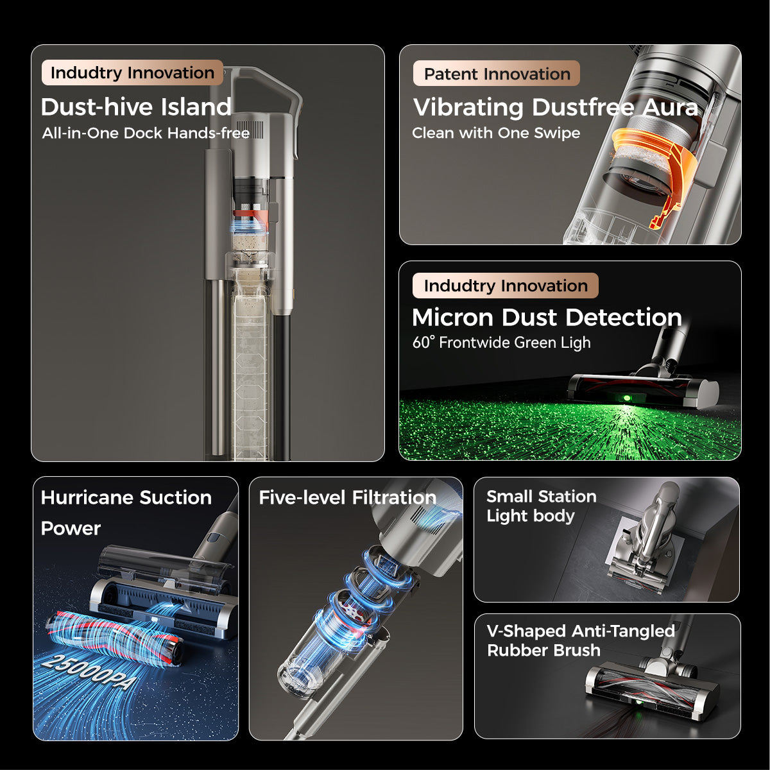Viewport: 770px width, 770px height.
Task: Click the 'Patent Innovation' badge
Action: click(497, 74)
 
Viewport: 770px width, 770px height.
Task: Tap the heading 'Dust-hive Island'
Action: click(136, 107)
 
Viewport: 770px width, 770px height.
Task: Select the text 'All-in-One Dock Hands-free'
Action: click(146, 133)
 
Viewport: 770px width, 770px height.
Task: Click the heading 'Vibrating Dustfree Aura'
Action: click(556, 107)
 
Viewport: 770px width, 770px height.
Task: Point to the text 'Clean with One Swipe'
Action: click(496, 133)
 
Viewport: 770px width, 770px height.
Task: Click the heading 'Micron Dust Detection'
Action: click(547, 318)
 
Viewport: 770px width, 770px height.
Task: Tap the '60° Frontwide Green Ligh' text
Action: click(501, 343)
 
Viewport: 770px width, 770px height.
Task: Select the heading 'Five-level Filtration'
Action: click(347, 497)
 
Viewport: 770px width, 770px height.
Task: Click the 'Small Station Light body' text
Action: click(541, 506)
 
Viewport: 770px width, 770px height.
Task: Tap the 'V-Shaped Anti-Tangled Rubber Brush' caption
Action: click(580, 640)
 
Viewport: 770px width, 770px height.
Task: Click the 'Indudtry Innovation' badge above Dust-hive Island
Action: click(132, 73)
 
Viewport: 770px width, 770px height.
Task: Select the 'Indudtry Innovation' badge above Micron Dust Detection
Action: click(506, 286)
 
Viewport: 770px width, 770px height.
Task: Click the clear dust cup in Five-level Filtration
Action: click(308, 667)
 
